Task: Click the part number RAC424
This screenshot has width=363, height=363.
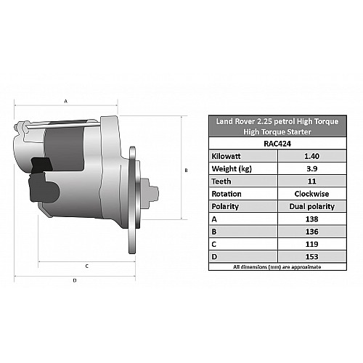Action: click(277, 144)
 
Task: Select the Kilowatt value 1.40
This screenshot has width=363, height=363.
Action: click(311, 156)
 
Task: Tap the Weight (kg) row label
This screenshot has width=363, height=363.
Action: click(232, 168)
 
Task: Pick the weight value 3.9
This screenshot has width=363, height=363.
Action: click(311, 168)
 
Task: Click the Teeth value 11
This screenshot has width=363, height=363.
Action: click(311, 181)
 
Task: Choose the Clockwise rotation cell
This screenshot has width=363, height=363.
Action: click(311, 194)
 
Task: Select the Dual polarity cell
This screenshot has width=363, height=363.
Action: click(312, 206)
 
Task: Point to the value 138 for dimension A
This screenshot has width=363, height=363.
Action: click(311, 219)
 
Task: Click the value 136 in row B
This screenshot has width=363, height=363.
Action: click(311, 232)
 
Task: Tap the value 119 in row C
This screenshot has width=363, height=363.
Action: click(311, 244)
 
